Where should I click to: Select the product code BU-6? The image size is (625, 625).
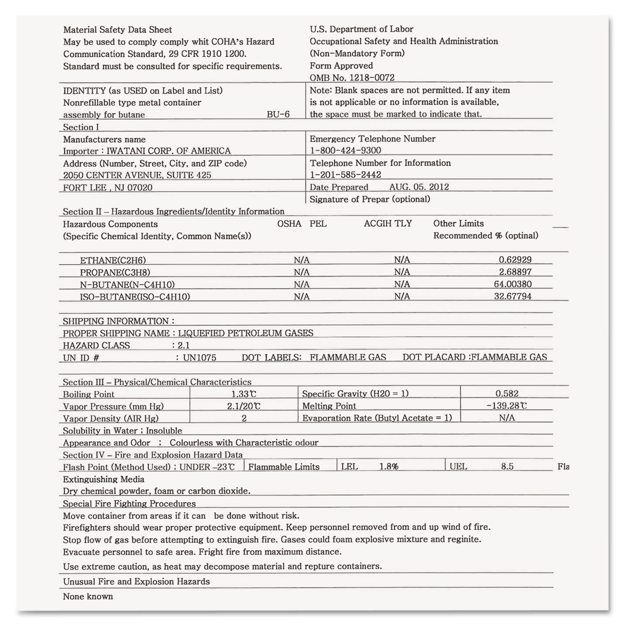pos(278,114)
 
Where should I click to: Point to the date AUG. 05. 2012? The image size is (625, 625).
pos(419,187)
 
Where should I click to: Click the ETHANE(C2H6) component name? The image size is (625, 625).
pos(113,260)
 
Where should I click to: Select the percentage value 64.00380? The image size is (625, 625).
pos(512,284)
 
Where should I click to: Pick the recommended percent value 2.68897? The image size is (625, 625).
pos(515,272)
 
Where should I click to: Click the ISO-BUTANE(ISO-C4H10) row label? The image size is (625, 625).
pos(135,297)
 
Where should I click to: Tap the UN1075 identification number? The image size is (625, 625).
pos(200,357)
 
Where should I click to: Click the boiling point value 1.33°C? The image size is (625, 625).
pos(244,394)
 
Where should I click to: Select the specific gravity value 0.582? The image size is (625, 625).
pos(507,393)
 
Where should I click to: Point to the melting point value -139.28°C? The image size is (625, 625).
pos(506,405)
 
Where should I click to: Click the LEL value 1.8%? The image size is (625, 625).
pos(388,467)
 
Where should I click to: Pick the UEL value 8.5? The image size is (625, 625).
pos(507,467)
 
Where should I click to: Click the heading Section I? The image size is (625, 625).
pos(81,127)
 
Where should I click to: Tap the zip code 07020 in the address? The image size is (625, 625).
pos(140,187)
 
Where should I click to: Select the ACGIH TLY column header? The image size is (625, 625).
pos(387,224)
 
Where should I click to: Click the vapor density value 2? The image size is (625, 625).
pos(244,418)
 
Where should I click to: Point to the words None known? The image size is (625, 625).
pos(88,596)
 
